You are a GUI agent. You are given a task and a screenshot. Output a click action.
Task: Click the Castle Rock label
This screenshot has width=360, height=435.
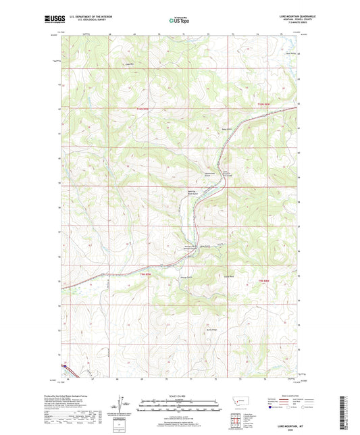pyautogui.click(x=228, y=276)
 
